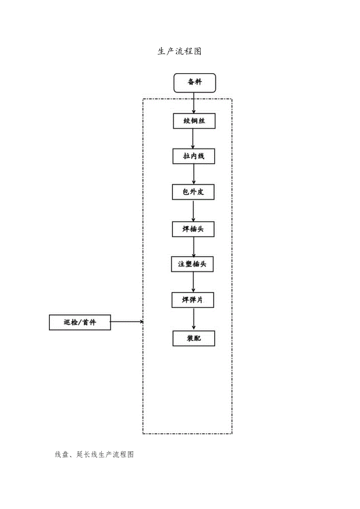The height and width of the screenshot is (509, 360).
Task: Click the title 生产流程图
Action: (x=180, y=52)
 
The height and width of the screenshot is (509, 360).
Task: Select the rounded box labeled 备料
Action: (x=194, y=83)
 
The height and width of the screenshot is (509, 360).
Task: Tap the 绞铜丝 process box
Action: (x=194, y=121)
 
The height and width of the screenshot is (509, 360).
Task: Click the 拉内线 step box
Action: (x=194, y=156)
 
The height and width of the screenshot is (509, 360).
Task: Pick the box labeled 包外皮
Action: (x=193, y=192)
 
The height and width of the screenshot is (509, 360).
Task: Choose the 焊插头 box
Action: (x=193, y=229)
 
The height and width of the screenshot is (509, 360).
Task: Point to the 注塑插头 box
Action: (x=193, y=264)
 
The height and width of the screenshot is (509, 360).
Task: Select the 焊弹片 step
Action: (x=193, y=300)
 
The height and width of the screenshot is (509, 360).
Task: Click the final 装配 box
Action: (x=194, y=338)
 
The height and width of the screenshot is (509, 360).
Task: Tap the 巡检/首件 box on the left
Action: (x=80, y=322)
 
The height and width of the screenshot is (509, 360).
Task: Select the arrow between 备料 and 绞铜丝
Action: (x=194, y=103)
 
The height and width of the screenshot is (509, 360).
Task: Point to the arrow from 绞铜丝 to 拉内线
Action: (x=194, y=139)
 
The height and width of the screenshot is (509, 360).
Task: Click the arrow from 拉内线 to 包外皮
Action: (x=194, y=174)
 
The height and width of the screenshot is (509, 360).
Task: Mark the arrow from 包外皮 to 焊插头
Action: (x=194, y=211)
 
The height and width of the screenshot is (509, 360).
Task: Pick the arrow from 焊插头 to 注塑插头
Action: (x=194, y=247)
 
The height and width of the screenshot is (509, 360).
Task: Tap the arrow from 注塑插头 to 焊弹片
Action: (x=194, y=282)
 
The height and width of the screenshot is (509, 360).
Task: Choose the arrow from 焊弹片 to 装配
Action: (x=194, y=319)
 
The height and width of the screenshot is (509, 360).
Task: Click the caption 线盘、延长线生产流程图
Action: (x=95, y=455)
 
